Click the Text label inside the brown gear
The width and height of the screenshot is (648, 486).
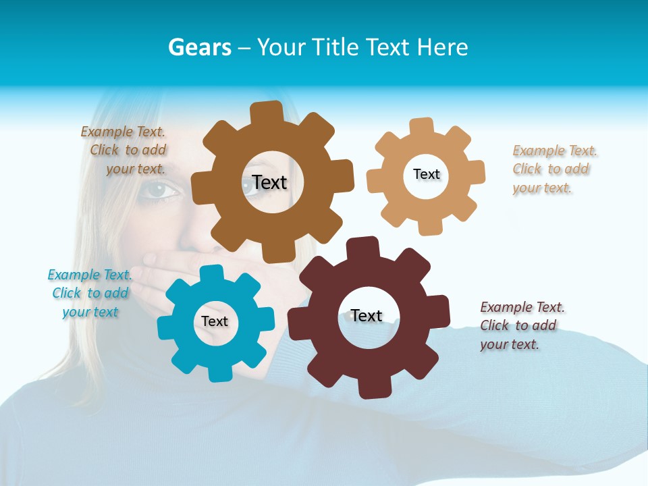(x=269, y=182)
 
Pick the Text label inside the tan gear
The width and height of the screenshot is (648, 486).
(x=427, y=174)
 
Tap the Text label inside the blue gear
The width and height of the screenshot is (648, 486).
(x=215, y=321)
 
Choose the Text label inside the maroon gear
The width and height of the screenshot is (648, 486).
(x=367, y=315)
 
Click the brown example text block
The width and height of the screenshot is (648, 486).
(x=124, y=151)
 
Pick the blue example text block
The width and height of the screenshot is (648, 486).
(x=90, y=294)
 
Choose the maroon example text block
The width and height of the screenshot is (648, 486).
(x=522, y=325)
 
